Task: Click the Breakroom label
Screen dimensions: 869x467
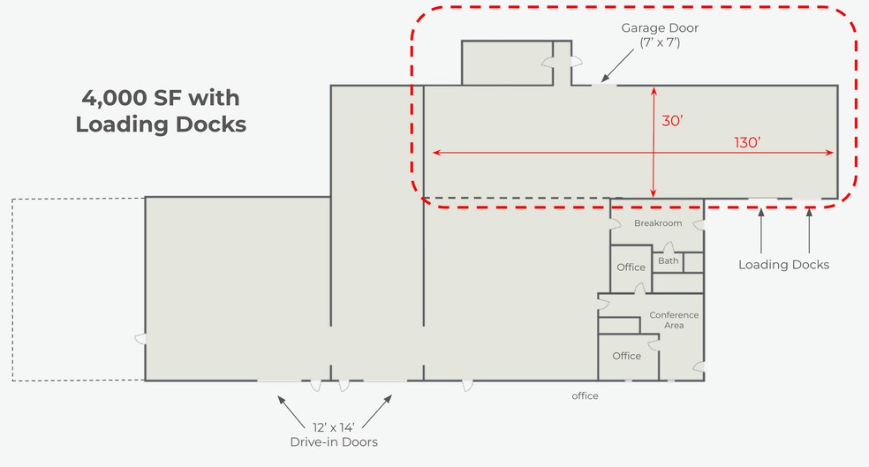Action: pos(658,223)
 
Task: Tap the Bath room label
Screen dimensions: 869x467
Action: pos(668,260)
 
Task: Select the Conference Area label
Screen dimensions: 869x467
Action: pos(674,320)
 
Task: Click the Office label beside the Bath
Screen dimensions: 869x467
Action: pos(631,267)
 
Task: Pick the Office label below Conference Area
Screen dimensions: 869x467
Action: pos(626,356)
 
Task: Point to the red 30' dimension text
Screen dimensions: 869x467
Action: pos(672,121)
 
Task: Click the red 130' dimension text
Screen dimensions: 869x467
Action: pos(747,142)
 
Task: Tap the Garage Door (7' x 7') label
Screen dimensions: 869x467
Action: pos(660,35)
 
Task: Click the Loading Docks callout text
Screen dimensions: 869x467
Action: pos(783,265)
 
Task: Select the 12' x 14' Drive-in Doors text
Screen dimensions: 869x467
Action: pos(334,435)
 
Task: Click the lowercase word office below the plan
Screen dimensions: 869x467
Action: pos(585,395)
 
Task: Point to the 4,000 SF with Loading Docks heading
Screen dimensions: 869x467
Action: pos(161,111)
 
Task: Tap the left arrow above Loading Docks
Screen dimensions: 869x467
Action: pos(761,230)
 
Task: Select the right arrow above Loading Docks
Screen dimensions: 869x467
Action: pos(809,230)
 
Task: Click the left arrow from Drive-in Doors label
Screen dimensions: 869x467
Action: pos(291,412)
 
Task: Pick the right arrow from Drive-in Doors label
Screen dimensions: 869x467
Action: pos(377,411)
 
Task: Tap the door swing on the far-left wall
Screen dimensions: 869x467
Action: pos(140,338)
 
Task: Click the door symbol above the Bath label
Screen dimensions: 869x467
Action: pos(669,247)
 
